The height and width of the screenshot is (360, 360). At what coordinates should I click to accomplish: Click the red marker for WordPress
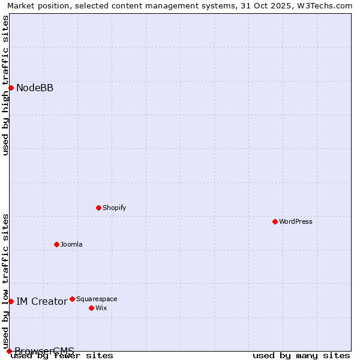(x=275, y=221)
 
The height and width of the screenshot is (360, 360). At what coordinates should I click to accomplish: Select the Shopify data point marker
(x=98, y=208)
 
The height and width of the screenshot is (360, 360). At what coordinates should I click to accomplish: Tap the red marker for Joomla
(x=56, y=244)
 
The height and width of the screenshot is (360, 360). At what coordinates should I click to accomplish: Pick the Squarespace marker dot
(x=72, y=299)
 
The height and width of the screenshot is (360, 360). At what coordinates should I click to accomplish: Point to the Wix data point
(x=91, y=308)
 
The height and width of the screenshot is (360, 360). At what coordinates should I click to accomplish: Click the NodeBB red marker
(x=11, y=88)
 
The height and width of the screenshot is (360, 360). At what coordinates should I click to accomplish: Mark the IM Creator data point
(x=11, y=301)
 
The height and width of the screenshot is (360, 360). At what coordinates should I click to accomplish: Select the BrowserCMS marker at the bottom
(x=9, y=351)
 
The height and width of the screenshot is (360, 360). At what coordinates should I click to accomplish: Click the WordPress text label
(x=296, y=221)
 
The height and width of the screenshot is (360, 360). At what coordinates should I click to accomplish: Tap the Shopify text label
(x=114, y=208)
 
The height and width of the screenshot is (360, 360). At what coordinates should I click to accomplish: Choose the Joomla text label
(x=71, y=244)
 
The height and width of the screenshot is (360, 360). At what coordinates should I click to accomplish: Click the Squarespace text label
(x=97, y=299)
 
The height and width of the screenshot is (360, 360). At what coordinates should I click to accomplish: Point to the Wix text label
(x=101, y=308)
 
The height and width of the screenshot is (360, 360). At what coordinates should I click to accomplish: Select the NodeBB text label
(x=35, y=88)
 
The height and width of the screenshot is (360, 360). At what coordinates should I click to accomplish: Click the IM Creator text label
(x=41, y=301)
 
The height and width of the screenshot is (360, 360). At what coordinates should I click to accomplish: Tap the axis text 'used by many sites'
(x=301, y=355)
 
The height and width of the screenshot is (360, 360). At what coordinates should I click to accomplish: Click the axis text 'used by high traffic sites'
(x=5, y=85)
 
